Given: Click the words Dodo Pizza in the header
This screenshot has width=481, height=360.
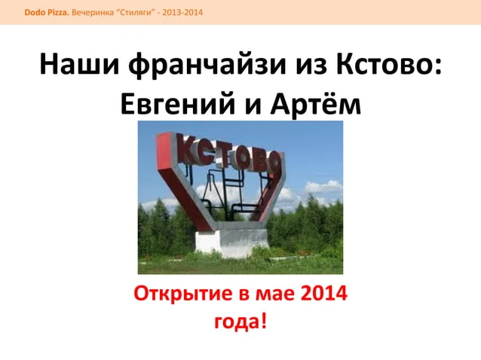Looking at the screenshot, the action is click(x=47, y=13).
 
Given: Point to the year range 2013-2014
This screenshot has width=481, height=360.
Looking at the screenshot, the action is click(x=182, y=13).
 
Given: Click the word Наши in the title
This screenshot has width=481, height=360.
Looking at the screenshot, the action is click(x=79, y=64).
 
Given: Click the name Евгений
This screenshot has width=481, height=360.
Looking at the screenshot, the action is click(x=178, y=103).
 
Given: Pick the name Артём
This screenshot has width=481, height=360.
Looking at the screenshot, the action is click(x=316, y=103).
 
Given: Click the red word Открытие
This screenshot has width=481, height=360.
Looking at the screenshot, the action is click(x=183, y=294).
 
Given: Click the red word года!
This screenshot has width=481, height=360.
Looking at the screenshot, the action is click(x=240, y=322).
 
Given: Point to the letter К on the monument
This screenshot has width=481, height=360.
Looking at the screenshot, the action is click(x=189, y=149).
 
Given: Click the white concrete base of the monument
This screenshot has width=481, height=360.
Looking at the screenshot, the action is click(x=232, y=242).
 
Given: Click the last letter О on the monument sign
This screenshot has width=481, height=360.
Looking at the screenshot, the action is click(x=273, y=163).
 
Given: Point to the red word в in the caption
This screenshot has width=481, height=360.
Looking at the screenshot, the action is click(x=244, y=294).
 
